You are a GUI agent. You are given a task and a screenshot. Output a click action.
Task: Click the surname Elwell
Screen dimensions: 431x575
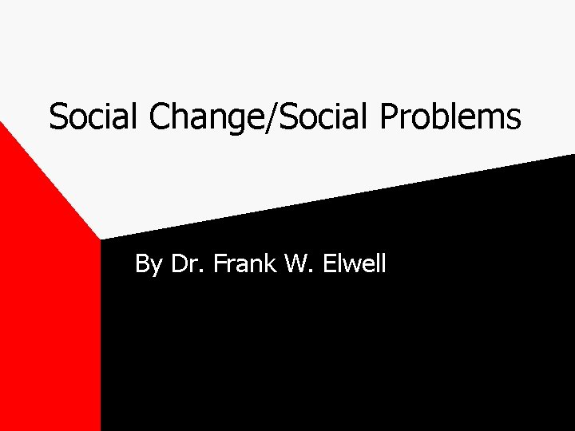click(x=353, y=262)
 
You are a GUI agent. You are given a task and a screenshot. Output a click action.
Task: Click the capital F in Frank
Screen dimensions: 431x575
click(x=219, y=262)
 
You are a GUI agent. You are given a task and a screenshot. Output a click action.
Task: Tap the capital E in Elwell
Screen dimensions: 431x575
click(x=328, y=262)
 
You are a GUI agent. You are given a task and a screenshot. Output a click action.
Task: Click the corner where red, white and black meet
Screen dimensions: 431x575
click(x=101, y=239)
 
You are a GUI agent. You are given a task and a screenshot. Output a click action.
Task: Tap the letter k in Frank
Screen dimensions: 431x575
click(x=268, y=262)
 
